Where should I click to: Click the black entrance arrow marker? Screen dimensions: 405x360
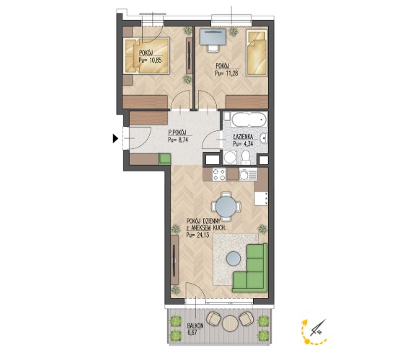tap(115, 139)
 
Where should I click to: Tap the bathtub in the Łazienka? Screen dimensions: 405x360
tap(249, 120)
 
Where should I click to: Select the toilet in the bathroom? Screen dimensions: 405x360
tap(245, 158)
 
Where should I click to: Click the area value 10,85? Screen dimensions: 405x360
tap(154, 60)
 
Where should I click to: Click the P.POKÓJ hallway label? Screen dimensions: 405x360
tap(177, 133)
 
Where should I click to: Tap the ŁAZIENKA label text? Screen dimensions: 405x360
tap(243, 137)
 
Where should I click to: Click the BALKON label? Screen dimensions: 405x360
tap(195, 326)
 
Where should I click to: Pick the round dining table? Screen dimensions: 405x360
tap(226, 207)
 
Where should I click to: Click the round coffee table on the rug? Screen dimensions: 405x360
tap(233, 258)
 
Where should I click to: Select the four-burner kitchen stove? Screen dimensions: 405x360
tap(219, 174)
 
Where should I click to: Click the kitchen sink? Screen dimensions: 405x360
tap(248, 174)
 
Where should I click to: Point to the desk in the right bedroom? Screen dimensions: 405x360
tap(213, 37)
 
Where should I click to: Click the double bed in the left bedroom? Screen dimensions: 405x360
tap(146, 55)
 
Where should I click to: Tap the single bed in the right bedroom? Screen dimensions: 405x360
tap(257, 53)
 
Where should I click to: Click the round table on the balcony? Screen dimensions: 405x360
tap(229, 323)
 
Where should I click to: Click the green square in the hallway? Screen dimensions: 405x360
tap(164, 159)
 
